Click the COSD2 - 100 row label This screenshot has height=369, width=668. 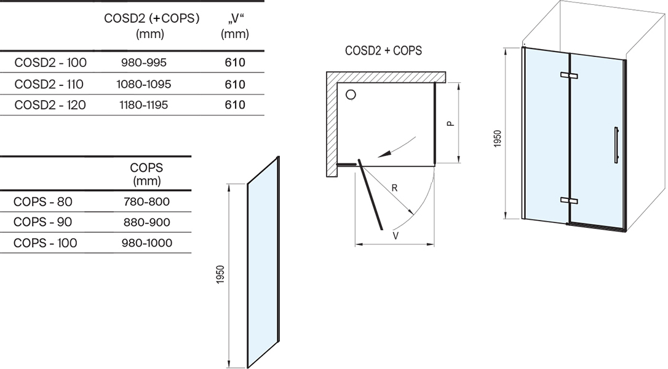click(50, 63)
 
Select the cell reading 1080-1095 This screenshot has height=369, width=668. click(143, 84)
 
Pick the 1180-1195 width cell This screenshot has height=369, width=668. click(143, 104)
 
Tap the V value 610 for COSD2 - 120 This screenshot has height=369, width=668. click(235, 104)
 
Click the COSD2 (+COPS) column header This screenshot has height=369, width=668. click(151, 26)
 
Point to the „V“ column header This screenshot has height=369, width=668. click(235, 26)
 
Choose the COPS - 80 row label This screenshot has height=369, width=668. click(42, 201)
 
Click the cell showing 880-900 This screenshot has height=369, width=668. click(146, 222)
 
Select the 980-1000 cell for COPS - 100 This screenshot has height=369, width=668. click(146, 243)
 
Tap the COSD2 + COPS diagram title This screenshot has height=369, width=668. click(383, 50)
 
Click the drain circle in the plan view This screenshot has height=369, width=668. click(351, 95)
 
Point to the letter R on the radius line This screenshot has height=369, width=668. click(394, 188)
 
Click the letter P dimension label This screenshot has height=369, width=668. click(450, 123)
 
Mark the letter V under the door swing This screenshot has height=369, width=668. click(396, 236)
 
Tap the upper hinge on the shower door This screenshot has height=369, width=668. click(569, 76)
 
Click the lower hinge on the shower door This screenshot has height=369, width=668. click(569, 200)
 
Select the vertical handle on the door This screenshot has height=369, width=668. click(616, 144)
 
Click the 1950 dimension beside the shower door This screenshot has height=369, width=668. click(498, 139)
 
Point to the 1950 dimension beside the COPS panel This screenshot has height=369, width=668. click(220, 274)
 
